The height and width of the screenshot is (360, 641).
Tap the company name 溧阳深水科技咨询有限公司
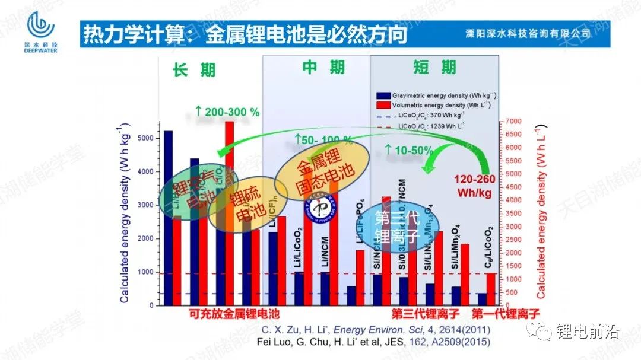tap(528, 34)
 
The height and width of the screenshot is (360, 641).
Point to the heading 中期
tap(323, 67)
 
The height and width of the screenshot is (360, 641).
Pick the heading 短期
tap(434, 67)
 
